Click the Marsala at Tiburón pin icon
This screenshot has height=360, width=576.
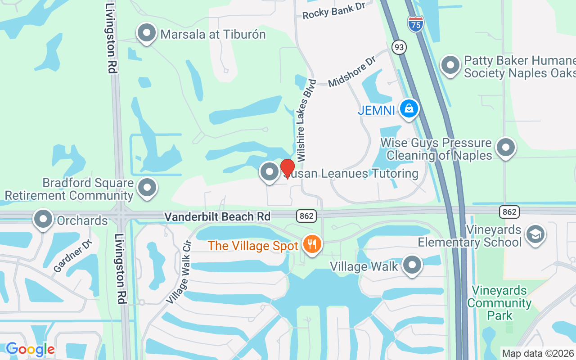[x=146, y=33]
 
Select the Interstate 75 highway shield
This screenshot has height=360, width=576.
[x=416, y=23]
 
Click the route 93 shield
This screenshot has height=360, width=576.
[x=399, y=46]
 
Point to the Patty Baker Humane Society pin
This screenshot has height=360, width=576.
[x=450, y=66]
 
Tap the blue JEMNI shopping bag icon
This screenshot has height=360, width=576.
[x=409, y=109]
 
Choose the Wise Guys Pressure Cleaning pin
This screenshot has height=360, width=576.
[x=505, y=148]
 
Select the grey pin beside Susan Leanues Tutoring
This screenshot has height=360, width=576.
[x=270, y=171]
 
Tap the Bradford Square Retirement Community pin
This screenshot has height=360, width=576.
[x=147, y=188]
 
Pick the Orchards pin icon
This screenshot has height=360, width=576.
[x=43, y=219]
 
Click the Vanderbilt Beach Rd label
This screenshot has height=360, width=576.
[x=217, y=217]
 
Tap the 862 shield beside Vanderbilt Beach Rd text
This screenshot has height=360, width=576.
[x=306, y=216]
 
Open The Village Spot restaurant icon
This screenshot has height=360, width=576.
[x=311, y=244]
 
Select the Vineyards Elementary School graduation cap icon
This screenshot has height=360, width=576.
[x=535, y=234]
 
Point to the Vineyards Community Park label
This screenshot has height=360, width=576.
[x=499, y=302]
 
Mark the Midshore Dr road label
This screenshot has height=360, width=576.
[x=351, y=72]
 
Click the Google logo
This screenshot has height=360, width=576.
[x=30, y=349]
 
